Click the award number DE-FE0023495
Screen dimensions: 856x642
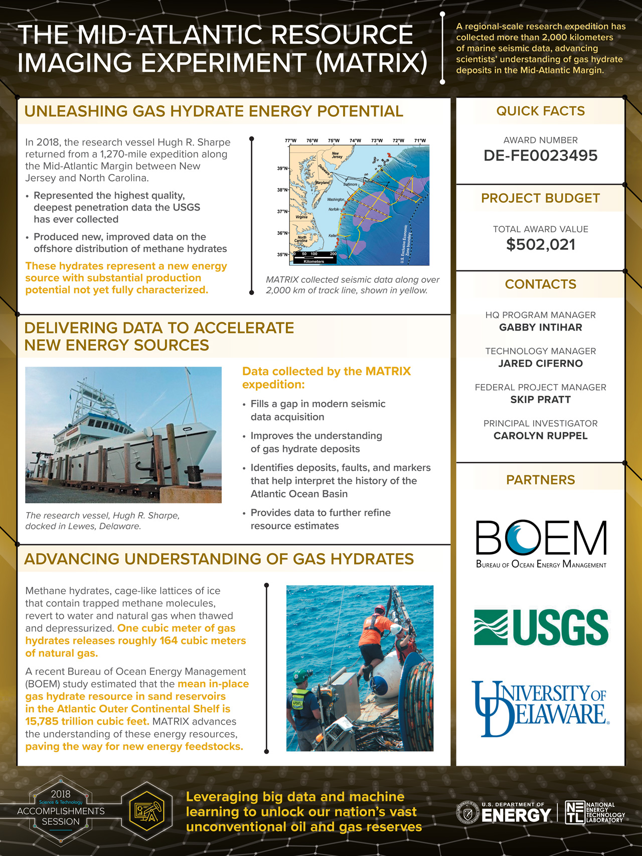(x=540, y=155)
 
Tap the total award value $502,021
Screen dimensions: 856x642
(x=540, y=245)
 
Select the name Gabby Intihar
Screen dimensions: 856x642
(x=540, y=327)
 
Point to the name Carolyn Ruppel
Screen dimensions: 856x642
(x=540, y=436)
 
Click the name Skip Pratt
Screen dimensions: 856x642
(x=540, y=400)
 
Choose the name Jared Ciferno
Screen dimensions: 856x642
(x=540, y=364)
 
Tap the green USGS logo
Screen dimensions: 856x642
(x=541, y=627)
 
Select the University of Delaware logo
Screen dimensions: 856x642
(x=540, y=708)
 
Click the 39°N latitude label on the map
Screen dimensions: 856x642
(x=282, y=168)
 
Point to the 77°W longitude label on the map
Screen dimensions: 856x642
(x=290, y=141)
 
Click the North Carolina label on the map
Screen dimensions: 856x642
(x=302, y=239)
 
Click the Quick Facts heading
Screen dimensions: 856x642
(x=540, y=111)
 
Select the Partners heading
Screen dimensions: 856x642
(x=540, y=480)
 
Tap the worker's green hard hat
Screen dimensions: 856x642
(x=300, y=675)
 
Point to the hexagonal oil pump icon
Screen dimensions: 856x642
(x=146, y=810)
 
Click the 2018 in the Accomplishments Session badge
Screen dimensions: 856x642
(x=61, y=794)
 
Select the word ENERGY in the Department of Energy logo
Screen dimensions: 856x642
(x=516, y=816)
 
